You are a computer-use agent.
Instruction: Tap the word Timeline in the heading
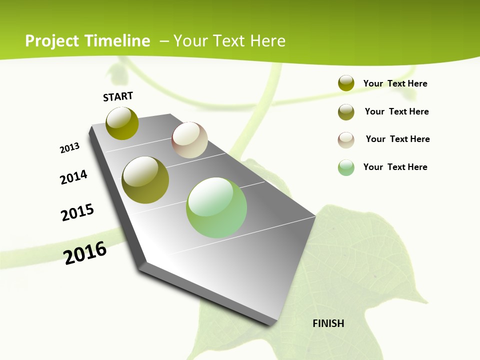[x=118, y=41]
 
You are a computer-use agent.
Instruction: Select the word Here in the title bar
[x=267, y=41]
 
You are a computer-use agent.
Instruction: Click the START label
[x=118, y=96]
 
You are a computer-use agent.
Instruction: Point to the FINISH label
[x=328, y=323]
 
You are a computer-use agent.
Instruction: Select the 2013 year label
[x=70, y=148]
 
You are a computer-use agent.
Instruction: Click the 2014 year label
[x=74, y=177]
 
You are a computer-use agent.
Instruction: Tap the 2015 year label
[x=77, y=212]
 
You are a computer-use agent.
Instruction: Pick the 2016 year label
[x=85, y=253]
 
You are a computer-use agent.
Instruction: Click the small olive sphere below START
[x=122, y=123]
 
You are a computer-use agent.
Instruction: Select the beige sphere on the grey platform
[x=189, y=140]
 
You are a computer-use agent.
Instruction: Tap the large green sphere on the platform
[x=216, y=207]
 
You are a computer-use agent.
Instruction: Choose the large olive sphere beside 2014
[x=145, y=180]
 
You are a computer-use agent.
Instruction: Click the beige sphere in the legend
[x=346, y=140]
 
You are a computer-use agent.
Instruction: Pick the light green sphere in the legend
[x=346, y=167]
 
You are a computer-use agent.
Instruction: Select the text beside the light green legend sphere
[x=395, y=167]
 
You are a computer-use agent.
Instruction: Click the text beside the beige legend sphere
[x=397, y=139]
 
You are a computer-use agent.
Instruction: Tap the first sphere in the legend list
[x=346, y=83]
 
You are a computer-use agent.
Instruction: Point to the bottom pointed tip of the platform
[x=272, y=324]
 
